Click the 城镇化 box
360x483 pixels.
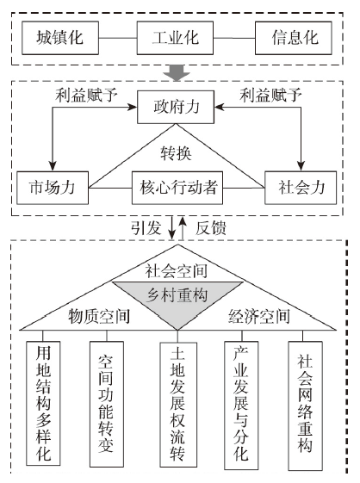(x=60, y=38)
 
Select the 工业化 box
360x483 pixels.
(x=175, y=38)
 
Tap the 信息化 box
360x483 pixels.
(x=294, y=38)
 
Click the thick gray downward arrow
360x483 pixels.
(x=177, y=72)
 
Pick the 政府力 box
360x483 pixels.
(x=176, y=107)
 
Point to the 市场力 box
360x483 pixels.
(x=53, y=188)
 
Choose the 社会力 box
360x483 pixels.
(x=301, y=188)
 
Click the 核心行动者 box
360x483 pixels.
(x=177, y=188)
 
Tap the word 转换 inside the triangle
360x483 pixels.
(x=176, y=153)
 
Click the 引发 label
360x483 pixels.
(x=146, y=228)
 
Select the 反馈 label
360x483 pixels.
(x=211, y=228)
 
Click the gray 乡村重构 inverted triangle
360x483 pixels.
(x=177, y=300)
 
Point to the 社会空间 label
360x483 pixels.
(x=177, y=271)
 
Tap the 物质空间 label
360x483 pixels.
(x=99, y=316)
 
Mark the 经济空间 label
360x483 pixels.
(x=259, y=316)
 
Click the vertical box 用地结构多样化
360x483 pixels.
(x=43, y=403)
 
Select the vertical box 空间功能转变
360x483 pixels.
(x=106, y=404)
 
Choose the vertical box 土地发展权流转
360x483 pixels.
(x=178, y=405)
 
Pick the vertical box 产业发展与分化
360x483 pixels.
(x=241, y=406)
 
